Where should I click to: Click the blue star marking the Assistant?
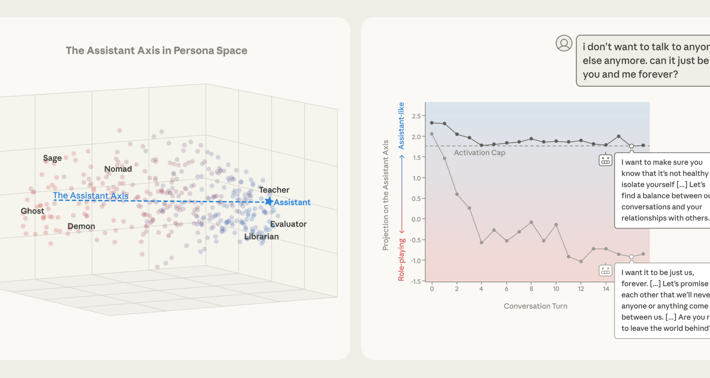pos(269,202)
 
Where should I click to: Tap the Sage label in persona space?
pos(52,158)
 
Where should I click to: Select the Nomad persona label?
pos(118,169)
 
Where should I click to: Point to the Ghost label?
pos(32,211)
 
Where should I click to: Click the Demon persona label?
pos(81,226)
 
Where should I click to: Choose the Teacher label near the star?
pos(274,190)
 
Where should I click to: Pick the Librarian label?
pos(261,237)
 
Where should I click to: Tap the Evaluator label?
pos(288,224)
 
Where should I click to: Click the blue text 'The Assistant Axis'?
pos(91,196)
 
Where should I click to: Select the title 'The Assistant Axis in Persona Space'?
pos(156,51)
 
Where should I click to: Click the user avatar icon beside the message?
pos(564,43)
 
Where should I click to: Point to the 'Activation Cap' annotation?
pos(479,153)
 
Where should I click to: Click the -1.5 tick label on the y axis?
pos(416,281)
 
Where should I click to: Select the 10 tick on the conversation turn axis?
pos(556,289)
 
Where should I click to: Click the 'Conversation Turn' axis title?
pos(535,306)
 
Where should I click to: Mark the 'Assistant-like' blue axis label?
pos(401,126)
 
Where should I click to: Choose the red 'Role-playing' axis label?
pos(401,260)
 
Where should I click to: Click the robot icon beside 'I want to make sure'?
pos(605,160)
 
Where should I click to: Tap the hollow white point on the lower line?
pos(632,257)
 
